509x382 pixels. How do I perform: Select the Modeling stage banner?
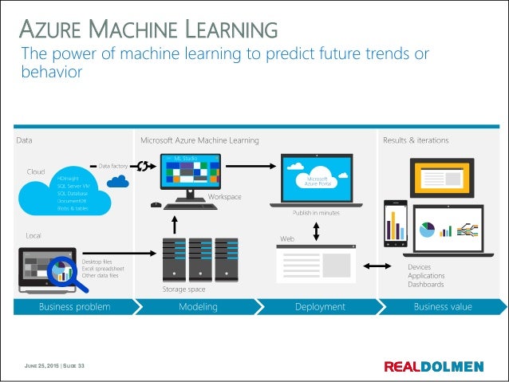click(198, 307)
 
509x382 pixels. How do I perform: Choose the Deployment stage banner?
click(320, 307)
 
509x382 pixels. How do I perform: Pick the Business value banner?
click(442, 307)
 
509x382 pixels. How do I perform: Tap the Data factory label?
click(114, 166)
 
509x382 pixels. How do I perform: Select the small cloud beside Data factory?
click(118, 182)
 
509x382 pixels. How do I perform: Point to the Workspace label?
click(224, 196)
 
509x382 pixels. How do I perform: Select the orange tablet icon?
click(446, 176)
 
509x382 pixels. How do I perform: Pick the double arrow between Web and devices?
click(373, 265)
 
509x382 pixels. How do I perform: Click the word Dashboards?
click(426, 284)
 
